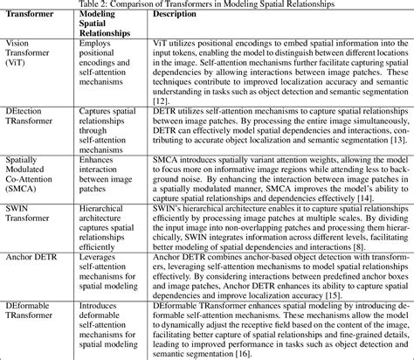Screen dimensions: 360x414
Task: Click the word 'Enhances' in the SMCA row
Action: pyautogui.click(x=100, y=162)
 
